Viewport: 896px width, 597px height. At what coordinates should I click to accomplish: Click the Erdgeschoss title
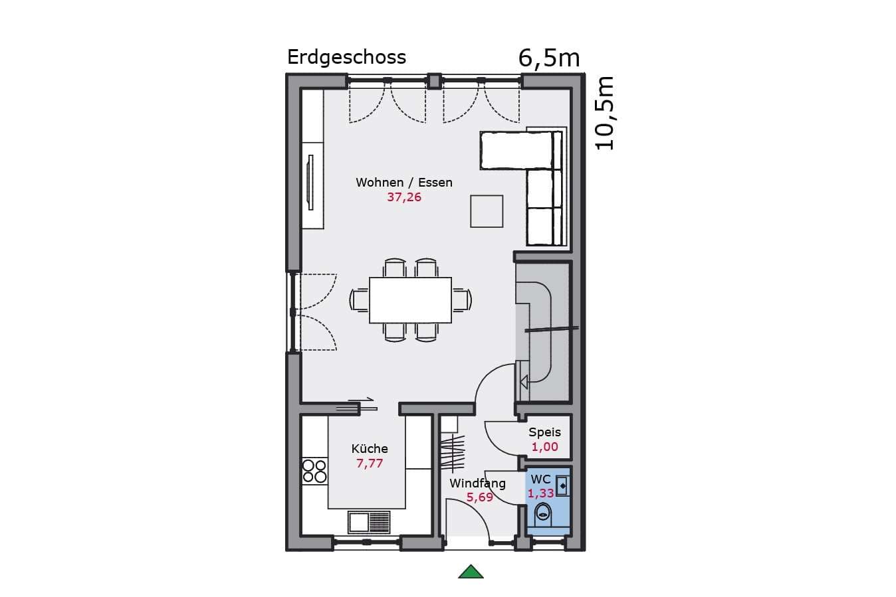[346, 58]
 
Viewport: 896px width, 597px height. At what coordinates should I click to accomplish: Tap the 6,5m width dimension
[549, 58]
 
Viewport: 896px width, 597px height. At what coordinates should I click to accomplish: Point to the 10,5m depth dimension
[604, 114]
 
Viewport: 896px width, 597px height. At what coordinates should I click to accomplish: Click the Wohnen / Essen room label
[404, 183]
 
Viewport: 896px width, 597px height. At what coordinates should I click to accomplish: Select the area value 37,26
[404, 197]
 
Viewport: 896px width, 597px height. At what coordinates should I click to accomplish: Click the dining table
[410, 300]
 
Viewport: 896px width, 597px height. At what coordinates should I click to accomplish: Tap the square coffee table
[487, 211]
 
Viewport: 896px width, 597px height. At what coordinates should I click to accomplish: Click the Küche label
[370, 448]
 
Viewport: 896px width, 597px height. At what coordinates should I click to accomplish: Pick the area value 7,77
[370, 464]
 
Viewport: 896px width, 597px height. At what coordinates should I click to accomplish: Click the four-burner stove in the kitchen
[314, 471]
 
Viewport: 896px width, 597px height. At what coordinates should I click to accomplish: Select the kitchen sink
[369, 522]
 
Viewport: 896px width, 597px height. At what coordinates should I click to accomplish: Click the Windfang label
[478, 483]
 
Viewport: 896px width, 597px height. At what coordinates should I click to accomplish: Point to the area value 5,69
[480, 497]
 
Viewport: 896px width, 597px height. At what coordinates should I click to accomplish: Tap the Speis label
[544, 432]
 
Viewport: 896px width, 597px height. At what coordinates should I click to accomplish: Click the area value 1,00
[544, 447]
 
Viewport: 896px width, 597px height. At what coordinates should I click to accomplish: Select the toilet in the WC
[543, 514]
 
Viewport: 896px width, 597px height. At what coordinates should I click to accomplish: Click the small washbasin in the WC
[562, 486]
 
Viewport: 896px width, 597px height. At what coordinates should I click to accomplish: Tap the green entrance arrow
[471, 572]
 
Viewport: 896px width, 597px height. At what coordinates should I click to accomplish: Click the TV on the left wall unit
[310, 182]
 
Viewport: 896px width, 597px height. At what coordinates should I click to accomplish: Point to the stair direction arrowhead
[524, 383]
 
